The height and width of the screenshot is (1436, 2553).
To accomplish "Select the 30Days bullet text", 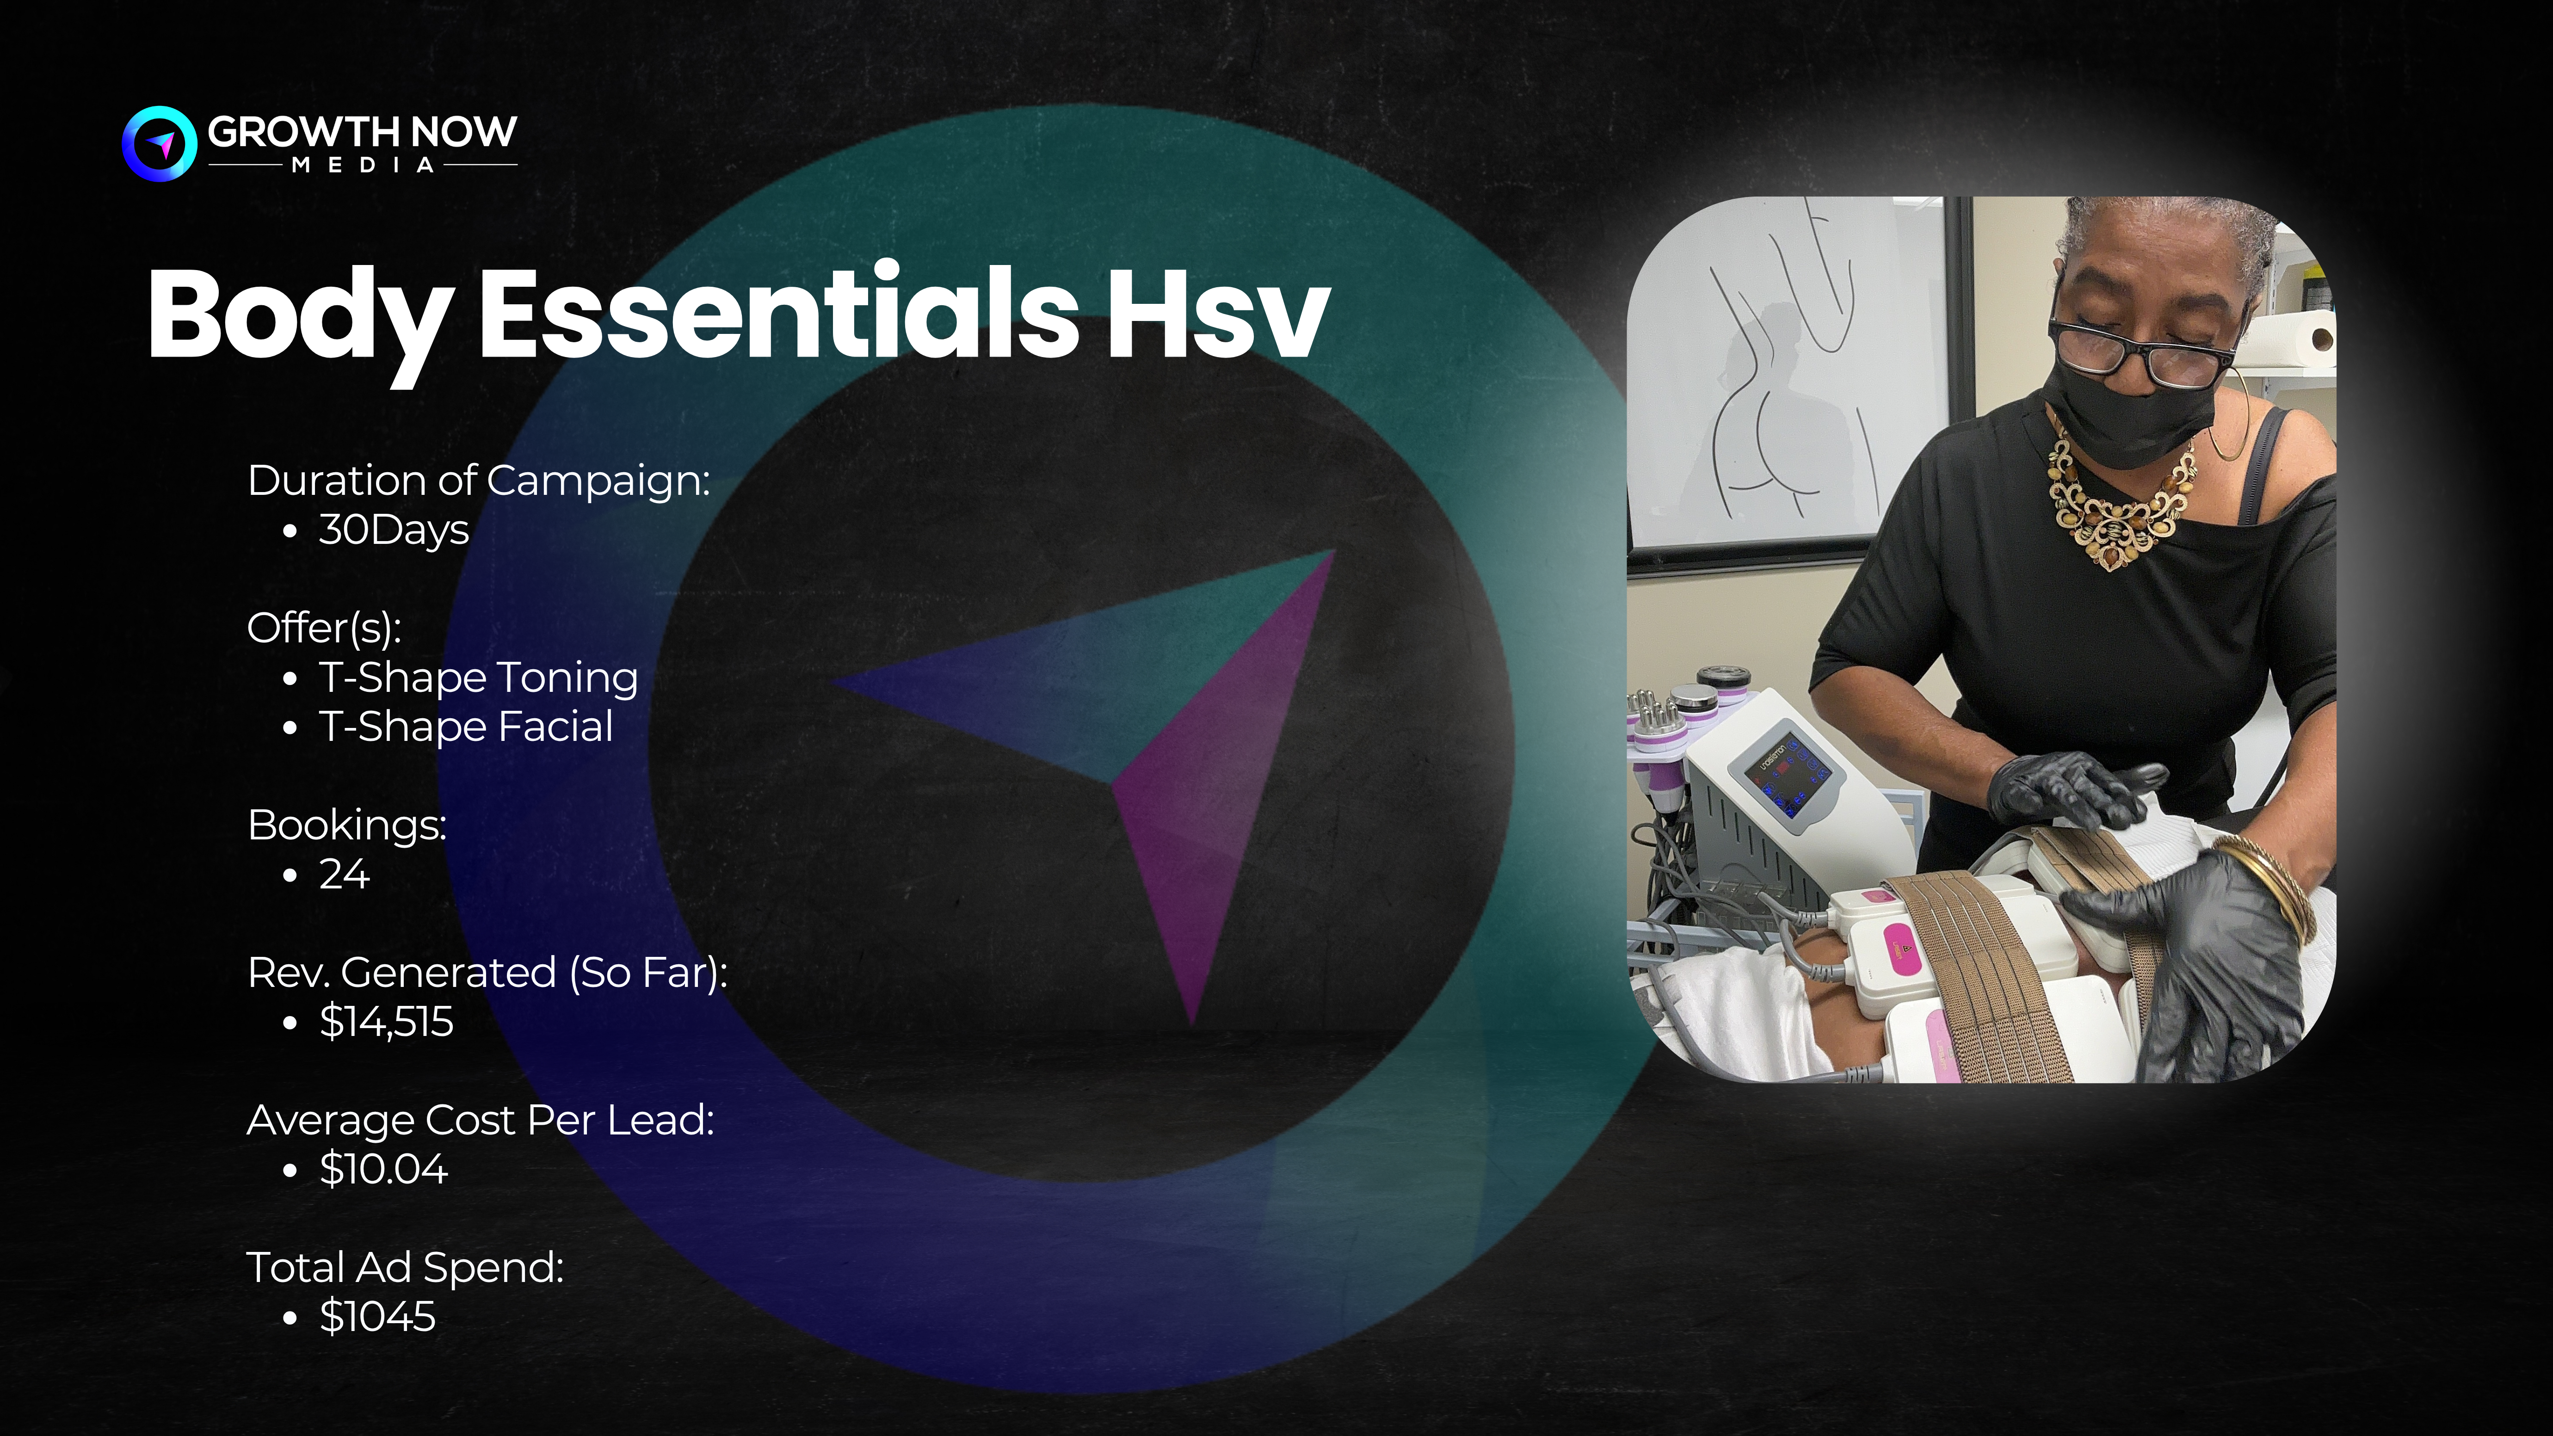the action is pos(394,530).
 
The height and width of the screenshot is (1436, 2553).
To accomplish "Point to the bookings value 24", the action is pos(344,874).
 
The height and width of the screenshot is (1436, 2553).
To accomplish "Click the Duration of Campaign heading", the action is pos(479,481).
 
